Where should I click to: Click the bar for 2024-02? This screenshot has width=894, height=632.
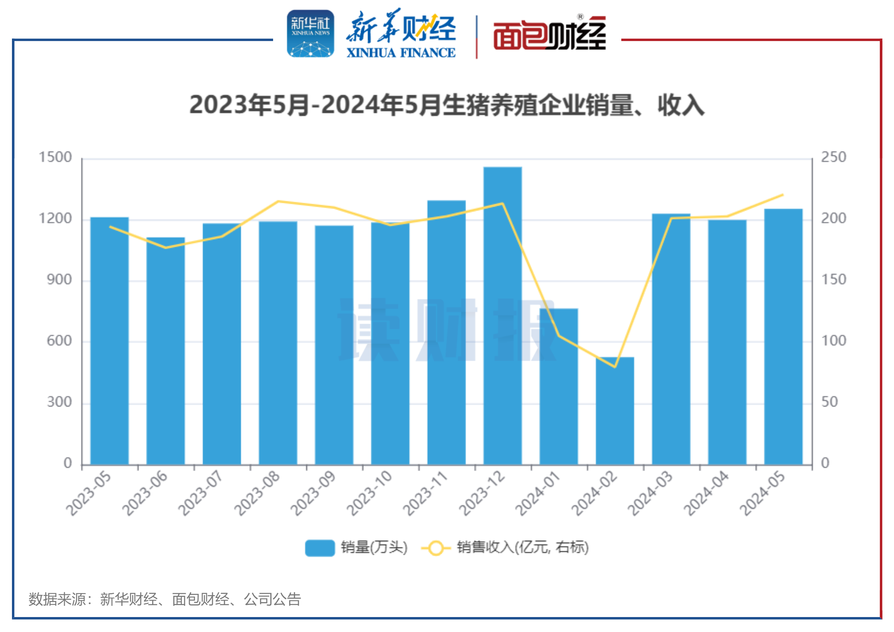click(615, 411)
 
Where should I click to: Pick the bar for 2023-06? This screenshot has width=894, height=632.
click(166, 350)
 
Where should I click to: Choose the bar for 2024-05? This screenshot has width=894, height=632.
click(783, 337)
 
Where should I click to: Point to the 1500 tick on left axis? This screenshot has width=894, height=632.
click(55, 157)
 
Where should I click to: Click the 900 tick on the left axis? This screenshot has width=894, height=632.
click(59, 280)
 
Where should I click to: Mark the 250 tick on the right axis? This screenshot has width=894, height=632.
click(833, 157)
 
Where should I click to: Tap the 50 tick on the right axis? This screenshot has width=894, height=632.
click(829, 402)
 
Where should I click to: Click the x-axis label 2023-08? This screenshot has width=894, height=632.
click(257, 493)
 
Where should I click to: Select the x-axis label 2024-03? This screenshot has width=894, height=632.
click(650, 493)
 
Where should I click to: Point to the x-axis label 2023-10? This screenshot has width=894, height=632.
click(369, 493)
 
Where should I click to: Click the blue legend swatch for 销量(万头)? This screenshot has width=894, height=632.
click(320, 548)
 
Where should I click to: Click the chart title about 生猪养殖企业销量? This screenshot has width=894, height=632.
click(446, 105)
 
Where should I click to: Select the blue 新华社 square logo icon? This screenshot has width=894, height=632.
click(310, 34)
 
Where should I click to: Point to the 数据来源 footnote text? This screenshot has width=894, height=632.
click(164, 599)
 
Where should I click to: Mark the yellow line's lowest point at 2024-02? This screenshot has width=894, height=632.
click(615, 367)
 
